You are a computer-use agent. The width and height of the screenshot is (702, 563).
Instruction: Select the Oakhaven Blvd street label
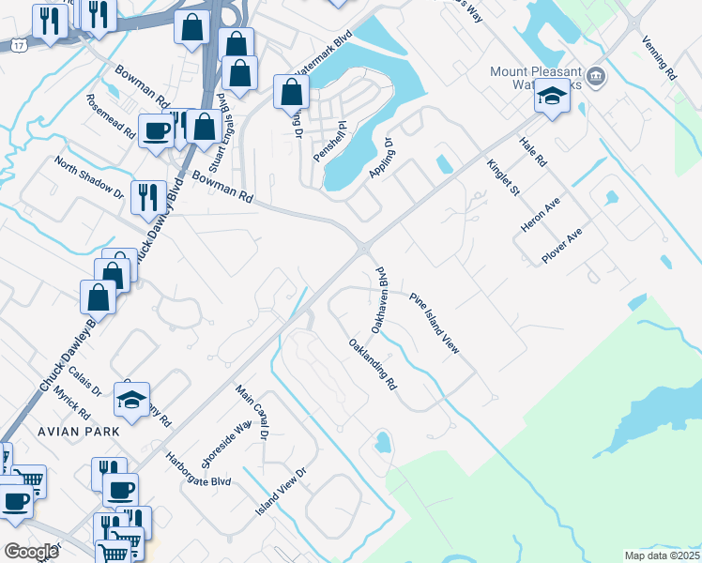coord(379,301)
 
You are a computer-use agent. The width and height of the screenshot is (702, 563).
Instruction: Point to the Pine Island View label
coord(435,322)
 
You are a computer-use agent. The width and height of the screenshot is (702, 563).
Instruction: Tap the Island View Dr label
coord(282,493)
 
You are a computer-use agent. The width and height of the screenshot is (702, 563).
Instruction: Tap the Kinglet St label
coord(502,178)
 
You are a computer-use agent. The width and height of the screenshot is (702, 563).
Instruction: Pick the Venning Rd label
coord(659,56)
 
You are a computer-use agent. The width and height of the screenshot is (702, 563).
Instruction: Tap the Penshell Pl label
coord(330,140)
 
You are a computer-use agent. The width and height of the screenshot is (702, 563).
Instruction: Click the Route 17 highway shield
coord(19,45)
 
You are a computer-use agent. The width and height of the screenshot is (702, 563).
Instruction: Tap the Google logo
coord(30,551)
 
